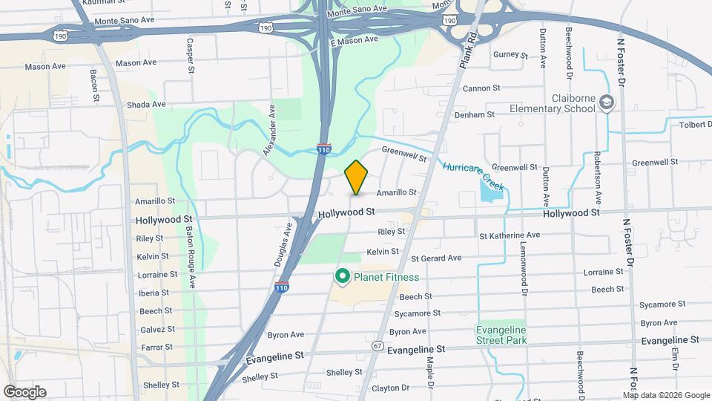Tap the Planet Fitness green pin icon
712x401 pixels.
point(343,277)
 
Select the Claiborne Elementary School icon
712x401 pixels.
point(607,102)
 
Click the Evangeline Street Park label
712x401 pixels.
point(501,335)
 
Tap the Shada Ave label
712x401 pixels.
point(146,105)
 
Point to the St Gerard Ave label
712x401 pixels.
point(436,258)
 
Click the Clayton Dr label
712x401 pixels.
point(390,388)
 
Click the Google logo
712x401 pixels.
point(24,392)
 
